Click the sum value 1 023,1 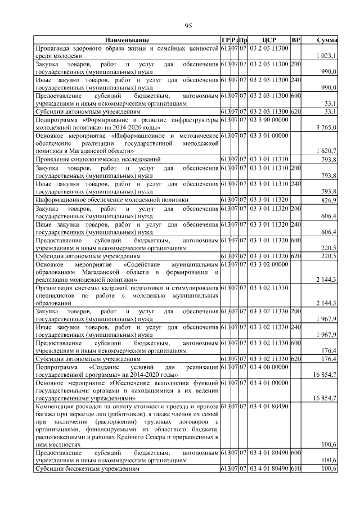(x=326, y=56)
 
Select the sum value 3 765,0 (x=326, y=128)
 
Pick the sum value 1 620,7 (x=326, y=152)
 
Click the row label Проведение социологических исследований (x=98, y=160)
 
